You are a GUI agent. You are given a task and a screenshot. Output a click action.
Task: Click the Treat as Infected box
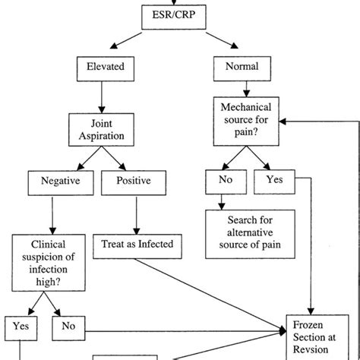point(137,244)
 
